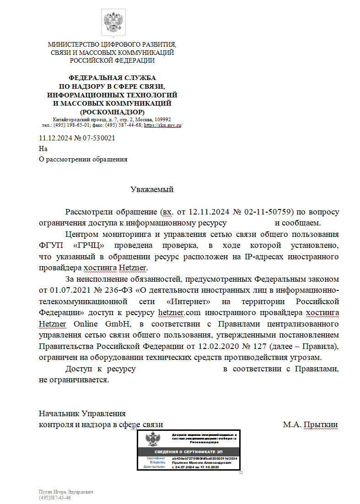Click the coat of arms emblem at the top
(x=112, y=21)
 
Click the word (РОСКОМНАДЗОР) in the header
(x=112, y=112)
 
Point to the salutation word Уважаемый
(x=152, y=189)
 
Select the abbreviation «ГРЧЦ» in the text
(x=87, y=246)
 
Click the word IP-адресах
(x=263, y=257)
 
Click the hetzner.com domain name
(x=180, y=313)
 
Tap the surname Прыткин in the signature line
(x=321, y=424)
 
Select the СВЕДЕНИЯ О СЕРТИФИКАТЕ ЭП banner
(x=189, y=452)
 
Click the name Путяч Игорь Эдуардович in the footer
(x=66, y=492)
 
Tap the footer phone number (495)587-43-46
(x=55, y=497)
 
